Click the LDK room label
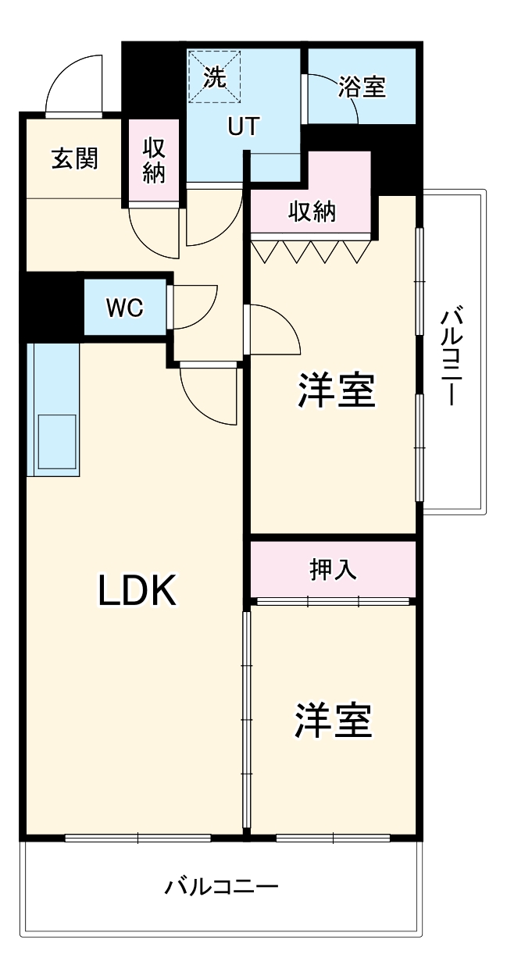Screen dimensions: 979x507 (x=138, y=591)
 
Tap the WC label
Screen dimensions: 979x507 (x=125, y=308)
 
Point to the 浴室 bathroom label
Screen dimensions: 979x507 (x=362, y=87)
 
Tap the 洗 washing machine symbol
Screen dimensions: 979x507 (x=213, y=76)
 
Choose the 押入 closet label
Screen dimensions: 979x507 (x=334, y=569)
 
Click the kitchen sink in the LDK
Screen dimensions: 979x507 (x=57, y=441)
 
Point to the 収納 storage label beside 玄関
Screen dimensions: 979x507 (x=153, y=160)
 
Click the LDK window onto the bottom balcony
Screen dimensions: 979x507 (x=137, y=838)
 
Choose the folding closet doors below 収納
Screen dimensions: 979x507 (x=310, y=250)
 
